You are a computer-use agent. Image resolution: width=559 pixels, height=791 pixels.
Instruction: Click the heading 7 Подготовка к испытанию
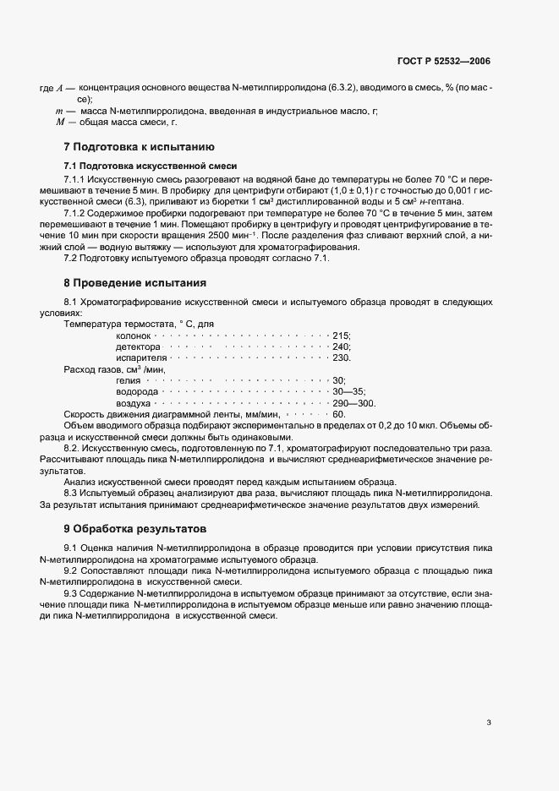point(134,146)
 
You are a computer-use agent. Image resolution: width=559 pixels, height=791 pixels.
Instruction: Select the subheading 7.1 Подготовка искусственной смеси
point(139,165)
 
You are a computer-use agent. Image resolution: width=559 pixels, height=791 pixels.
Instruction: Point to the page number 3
point(489,723)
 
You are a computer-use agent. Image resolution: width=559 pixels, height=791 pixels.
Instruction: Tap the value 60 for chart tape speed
point(339,415)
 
